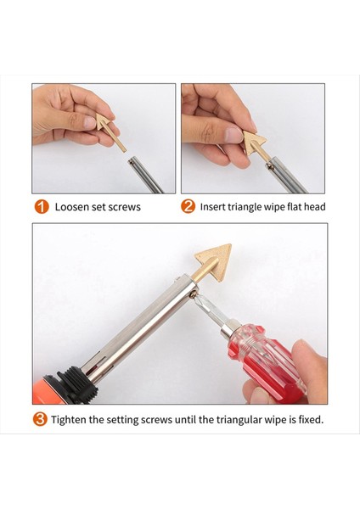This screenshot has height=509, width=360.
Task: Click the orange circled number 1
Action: pos(40,206)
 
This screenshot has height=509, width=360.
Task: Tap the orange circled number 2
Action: pos(188,206)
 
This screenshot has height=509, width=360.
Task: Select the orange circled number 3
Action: pos(40,419)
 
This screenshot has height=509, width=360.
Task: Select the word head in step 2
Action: pos(313,206)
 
